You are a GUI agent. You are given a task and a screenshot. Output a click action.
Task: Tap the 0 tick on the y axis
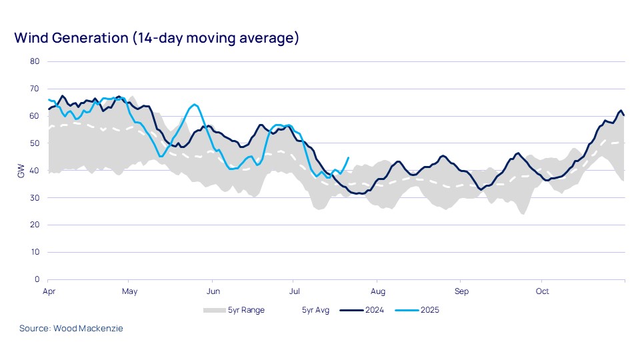pos(37,279)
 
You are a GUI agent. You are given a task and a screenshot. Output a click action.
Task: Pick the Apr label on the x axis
pos(48,291)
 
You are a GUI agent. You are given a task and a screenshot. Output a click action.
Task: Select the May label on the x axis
pos(130,291)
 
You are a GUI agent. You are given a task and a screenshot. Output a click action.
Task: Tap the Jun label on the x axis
pos(213,291)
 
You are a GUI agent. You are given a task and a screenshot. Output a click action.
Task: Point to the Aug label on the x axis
pos(378,291)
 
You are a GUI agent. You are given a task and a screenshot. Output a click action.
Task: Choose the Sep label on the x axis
pos(461,291)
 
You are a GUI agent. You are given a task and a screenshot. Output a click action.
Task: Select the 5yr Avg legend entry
pos(315,310)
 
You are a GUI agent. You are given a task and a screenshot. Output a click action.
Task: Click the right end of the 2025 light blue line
pos(349,158)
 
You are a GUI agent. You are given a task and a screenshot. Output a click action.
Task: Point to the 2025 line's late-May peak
pos(194,105)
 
